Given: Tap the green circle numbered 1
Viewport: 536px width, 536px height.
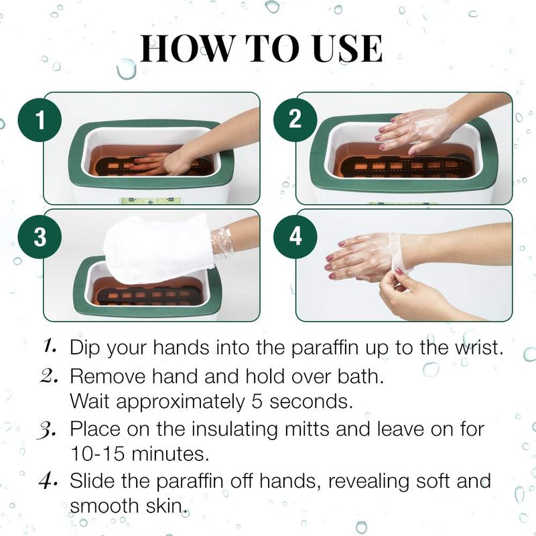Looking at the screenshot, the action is pyautogui.click(x=40, y=120).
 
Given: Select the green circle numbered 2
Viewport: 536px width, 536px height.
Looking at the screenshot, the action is pyautogui.click(x=295, y=120).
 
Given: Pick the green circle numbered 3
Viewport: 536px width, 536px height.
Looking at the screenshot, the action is pyautogui.click(x=40, y=237).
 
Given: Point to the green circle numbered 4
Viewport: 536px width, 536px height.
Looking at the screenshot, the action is pyautogui.click(x=295, y=237).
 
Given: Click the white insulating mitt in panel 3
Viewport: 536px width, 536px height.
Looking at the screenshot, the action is pyautogui.click(x=158, y=249).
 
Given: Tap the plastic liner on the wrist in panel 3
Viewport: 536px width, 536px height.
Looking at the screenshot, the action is pyautogui.click(x=222, y=243).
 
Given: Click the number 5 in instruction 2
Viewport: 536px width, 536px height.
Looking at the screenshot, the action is pyautogui.click(x=257, y=401).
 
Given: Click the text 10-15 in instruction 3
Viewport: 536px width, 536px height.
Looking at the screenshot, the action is pyautogui.click(x=97, y=454).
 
